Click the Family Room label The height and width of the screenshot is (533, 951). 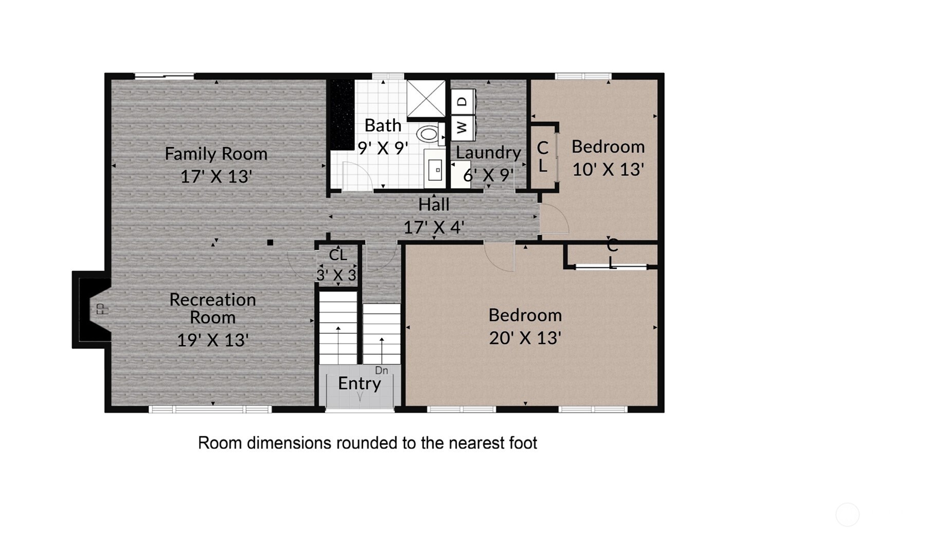[x=216, y=154]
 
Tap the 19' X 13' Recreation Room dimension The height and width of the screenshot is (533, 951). [x=213, y=340]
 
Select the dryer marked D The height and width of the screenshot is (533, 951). [x=463, y=101]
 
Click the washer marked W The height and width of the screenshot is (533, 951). [x=463, y=127]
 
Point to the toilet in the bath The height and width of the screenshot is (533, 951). [x=428, y=135]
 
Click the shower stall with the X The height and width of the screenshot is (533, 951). [x=426, y=98]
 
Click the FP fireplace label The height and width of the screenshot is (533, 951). [x=101, y=309]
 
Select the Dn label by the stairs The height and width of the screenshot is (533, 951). [x=381, y=371]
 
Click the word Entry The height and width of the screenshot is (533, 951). [x=359, y=383]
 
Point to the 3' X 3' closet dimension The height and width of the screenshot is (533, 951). [x=337, y=275]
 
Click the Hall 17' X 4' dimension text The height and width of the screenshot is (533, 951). [x=434, y=227]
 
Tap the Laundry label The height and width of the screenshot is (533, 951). [x=488, y=153]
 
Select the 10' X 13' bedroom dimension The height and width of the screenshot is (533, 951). [x=608, y=170]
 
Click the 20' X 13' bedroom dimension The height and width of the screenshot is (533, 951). [x=525, y=338]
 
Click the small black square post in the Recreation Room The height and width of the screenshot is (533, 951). [x=270, y=243]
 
